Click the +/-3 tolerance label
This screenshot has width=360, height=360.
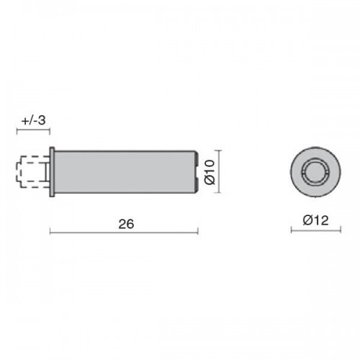pos(33,120)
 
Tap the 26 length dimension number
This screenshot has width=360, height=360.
pos(126,224)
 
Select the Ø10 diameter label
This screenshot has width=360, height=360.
pos(210,172)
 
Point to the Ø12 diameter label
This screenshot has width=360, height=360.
pos(315,220)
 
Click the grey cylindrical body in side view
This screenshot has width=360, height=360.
pos(125,172)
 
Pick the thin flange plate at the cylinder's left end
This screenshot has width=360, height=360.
pos(52,172)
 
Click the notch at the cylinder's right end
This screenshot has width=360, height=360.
pos(196,172)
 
